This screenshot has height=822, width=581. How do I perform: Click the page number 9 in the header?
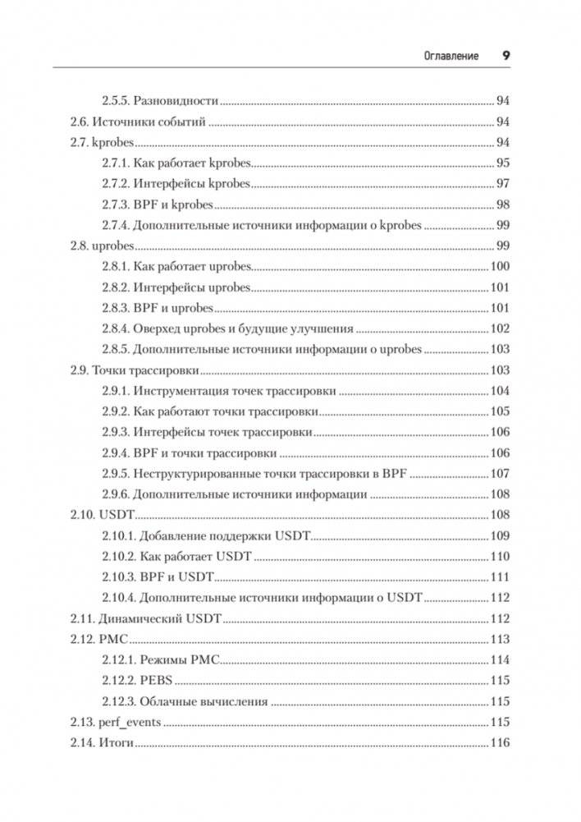point(506,56)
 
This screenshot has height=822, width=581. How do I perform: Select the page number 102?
point(499,328)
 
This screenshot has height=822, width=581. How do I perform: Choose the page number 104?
point(499,391)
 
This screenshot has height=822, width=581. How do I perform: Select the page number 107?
point(499,474)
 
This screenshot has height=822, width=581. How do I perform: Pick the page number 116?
point(499,743)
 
